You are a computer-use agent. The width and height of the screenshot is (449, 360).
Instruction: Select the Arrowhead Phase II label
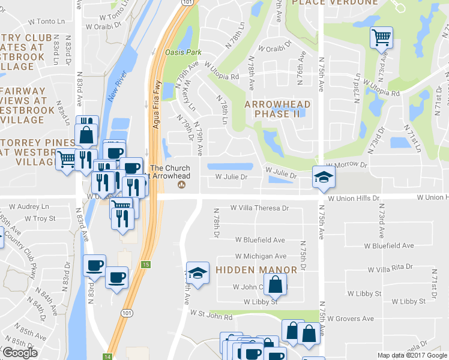click(277, 109)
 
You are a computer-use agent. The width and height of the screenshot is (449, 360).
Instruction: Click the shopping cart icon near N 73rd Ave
click(381, 38)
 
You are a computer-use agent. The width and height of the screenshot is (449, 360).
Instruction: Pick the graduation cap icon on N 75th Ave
click(324, 176)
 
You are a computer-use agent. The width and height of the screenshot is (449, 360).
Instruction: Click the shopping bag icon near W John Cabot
click(275, 285)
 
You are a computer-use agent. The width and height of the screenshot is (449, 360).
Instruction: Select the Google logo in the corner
click(20, 353)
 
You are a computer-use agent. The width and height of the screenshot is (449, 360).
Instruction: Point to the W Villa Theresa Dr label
click(260, 208)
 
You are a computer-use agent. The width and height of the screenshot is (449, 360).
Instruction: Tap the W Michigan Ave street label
click(260, 256)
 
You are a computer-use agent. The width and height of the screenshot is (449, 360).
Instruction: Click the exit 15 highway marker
click(147, 265)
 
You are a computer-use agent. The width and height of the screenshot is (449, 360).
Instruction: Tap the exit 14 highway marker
click(107, 355)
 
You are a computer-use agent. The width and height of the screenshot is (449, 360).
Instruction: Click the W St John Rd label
click(211, 313)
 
